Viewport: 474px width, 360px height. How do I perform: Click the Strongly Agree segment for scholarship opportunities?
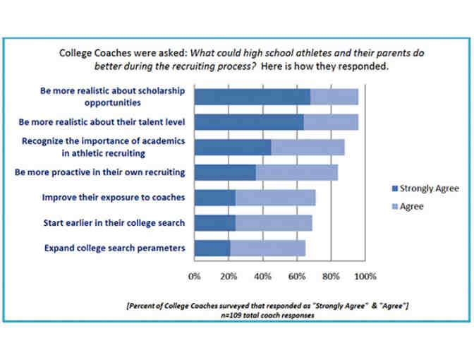coord(252,97)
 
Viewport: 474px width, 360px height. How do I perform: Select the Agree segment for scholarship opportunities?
coord(334,97)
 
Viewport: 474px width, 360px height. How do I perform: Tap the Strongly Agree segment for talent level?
coord(249,121)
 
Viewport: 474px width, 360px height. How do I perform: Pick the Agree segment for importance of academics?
coord(308,147)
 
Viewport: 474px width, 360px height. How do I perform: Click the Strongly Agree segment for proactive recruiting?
coord(225,172)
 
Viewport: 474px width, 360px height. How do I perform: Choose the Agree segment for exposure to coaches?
coord(275,198)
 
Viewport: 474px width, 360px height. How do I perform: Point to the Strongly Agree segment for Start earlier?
coord(214,223)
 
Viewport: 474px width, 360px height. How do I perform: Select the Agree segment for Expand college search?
coord(267,248)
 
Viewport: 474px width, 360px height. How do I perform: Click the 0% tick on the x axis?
coord(195,275)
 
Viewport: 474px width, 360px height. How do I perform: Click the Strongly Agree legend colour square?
coord(394,189)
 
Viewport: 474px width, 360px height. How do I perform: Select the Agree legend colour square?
coord(394,207)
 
